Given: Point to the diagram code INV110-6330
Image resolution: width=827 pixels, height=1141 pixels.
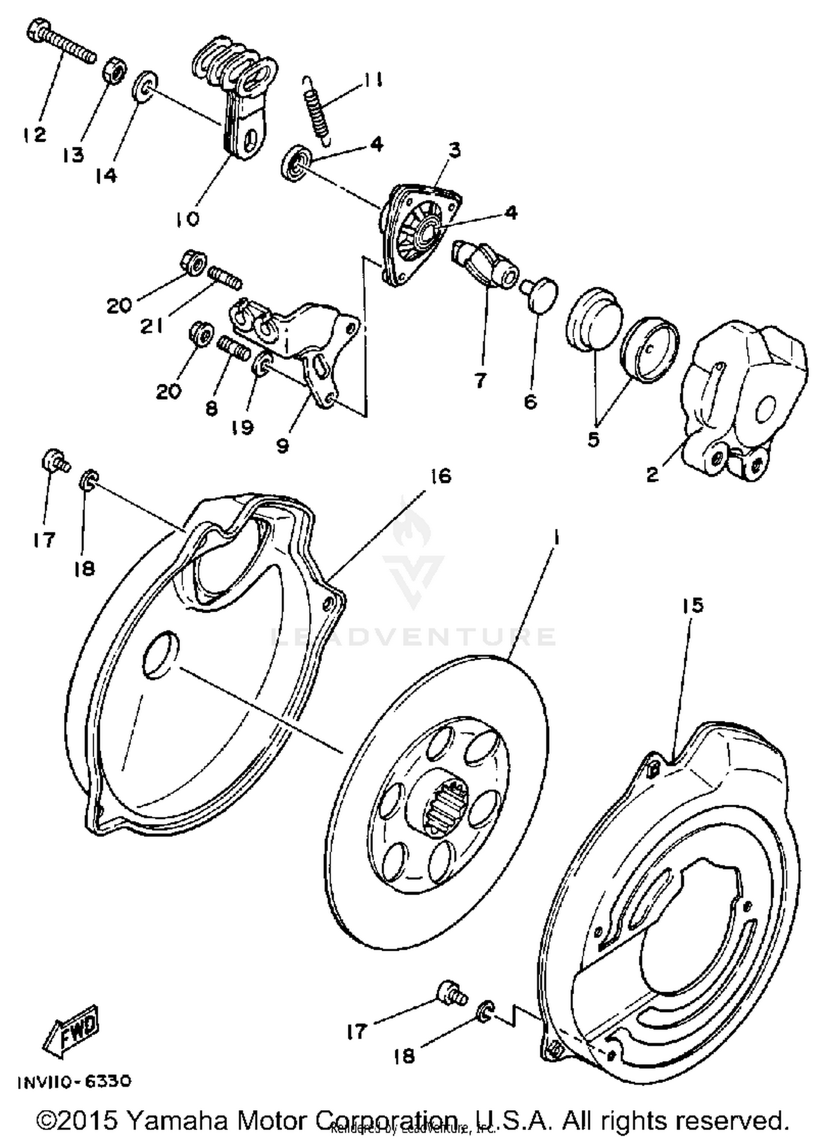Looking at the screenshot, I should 74,1081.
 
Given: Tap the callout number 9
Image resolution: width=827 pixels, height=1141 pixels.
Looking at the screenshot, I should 282,446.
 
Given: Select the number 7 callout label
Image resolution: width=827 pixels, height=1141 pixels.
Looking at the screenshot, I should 480,380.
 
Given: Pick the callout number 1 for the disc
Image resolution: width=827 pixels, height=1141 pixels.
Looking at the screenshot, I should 556,537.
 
